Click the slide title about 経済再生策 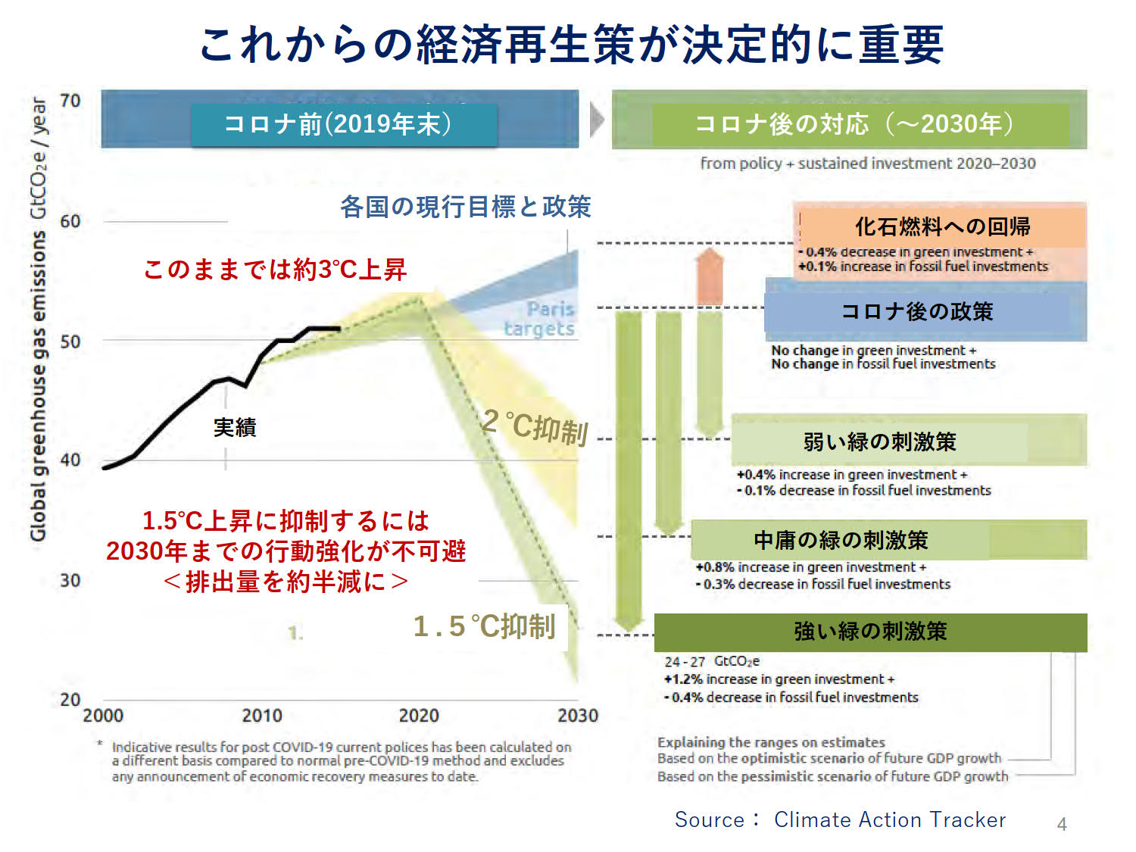(x=571, y=44)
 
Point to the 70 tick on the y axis (x=70, y=101)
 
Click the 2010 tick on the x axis (x=261, y=716)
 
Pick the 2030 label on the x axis (x=577, y=716)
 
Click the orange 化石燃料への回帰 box (x=941, y=226)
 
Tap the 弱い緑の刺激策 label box (x=879, y=441)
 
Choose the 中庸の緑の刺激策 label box (x=841, y=540)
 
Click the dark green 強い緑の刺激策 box (x=870, y=632)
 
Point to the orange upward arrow (x=710, y=276)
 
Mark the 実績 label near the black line (x=235, y=428)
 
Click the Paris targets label (x=541, y=319)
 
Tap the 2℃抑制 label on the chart (x=535, y=426)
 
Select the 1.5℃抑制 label (x=485, y=626)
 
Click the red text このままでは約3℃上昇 (x=275, y=269)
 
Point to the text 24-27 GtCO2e (x=712, y=661)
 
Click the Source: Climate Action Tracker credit (x=840, y=819)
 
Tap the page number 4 (x=1062, y=824)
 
